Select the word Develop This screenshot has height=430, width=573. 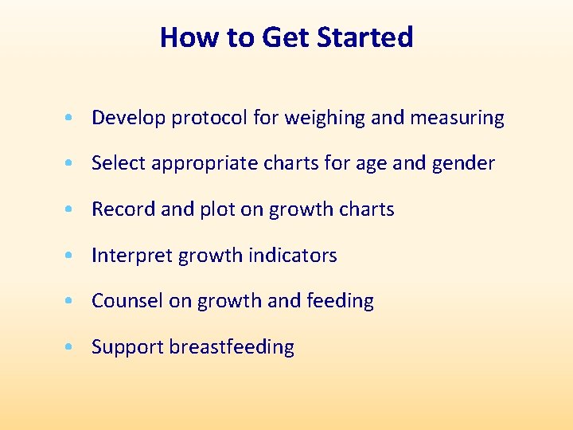128,119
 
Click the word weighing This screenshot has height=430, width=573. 325,119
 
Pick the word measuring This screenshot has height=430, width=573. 457,119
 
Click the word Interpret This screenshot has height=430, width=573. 132,256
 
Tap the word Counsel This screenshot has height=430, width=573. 123,301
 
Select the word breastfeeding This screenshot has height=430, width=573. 232,347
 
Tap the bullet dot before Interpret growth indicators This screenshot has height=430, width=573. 72,256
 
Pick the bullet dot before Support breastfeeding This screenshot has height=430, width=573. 72,348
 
